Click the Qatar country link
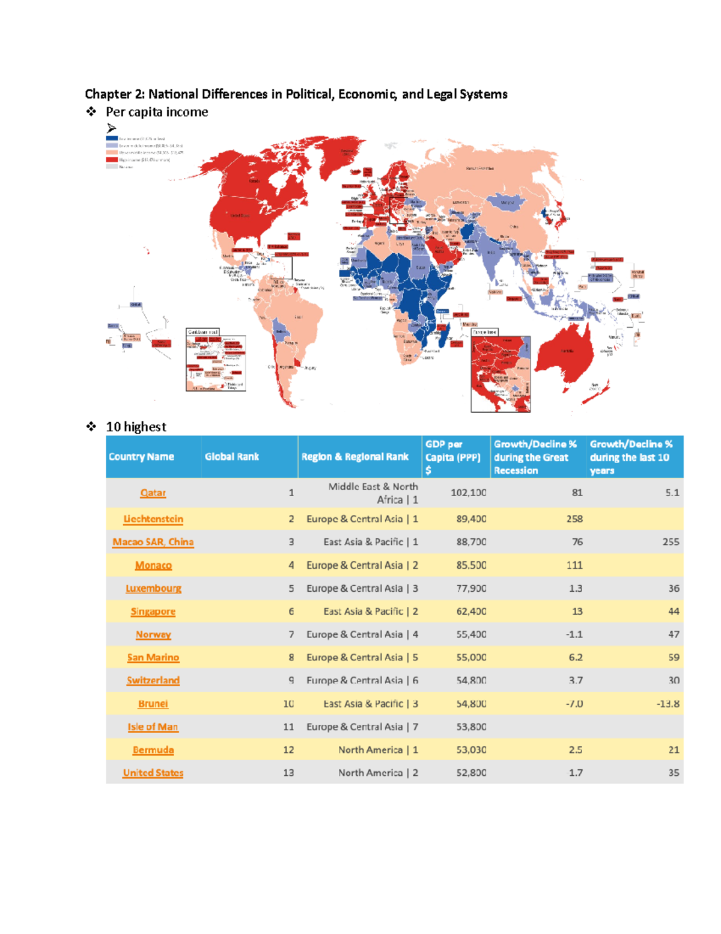pos(153,493)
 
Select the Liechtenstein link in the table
pos(153,519)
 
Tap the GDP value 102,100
pos(468,493)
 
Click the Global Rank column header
pos(231,456)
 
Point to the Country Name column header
pos(141,456)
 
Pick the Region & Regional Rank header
pos(354,456)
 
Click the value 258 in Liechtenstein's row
pos(574,519)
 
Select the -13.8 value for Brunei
pos(668,704)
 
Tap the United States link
pos(153,773)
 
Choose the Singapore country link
pos(153,612)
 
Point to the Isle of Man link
pos(153,727)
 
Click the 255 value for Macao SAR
pos(671,542)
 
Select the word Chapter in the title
pos(108,94)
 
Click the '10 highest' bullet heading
pos(136,427)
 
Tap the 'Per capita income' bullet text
pos(157,112)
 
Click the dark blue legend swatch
pos(112,138)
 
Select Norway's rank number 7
pos(291,634)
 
